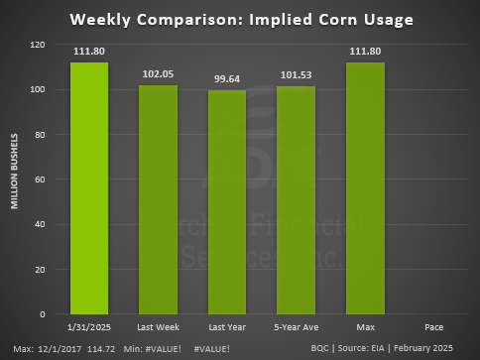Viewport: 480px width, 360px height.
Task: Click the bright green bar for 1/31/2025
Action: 89,188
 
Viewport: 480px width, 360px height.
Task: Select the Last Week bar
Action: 159,199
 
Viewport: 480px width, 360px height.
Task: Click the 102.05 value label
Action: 159,74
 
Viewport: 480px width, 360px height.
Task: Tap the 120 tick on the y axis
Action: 38,45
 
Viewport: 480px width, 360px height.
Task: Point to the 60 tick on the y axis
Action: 41,180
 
